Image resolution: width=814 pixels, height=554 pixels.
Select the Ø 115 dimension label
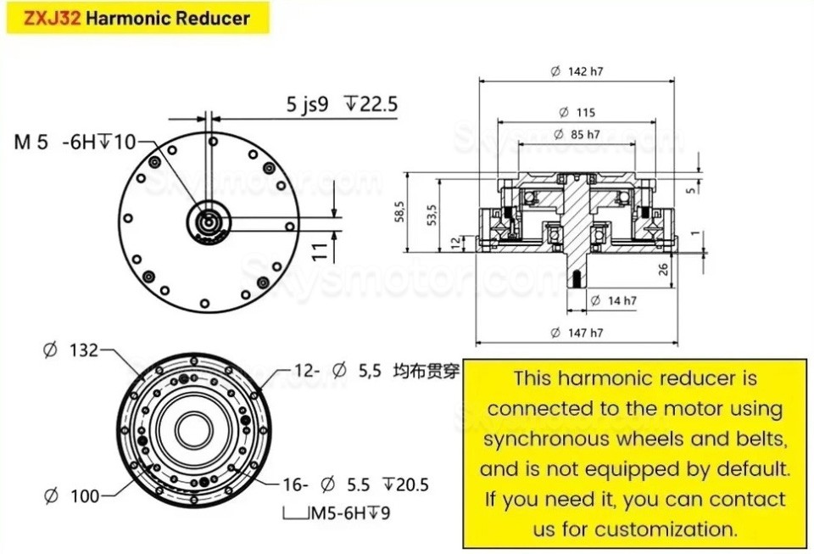[x=577, y=112]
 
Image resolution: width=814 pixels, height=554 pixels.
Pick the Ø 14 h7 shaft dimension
[x=612, y=300]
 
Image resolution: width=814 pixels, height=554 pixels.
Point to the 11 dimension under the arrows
[x=320, y=249]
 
